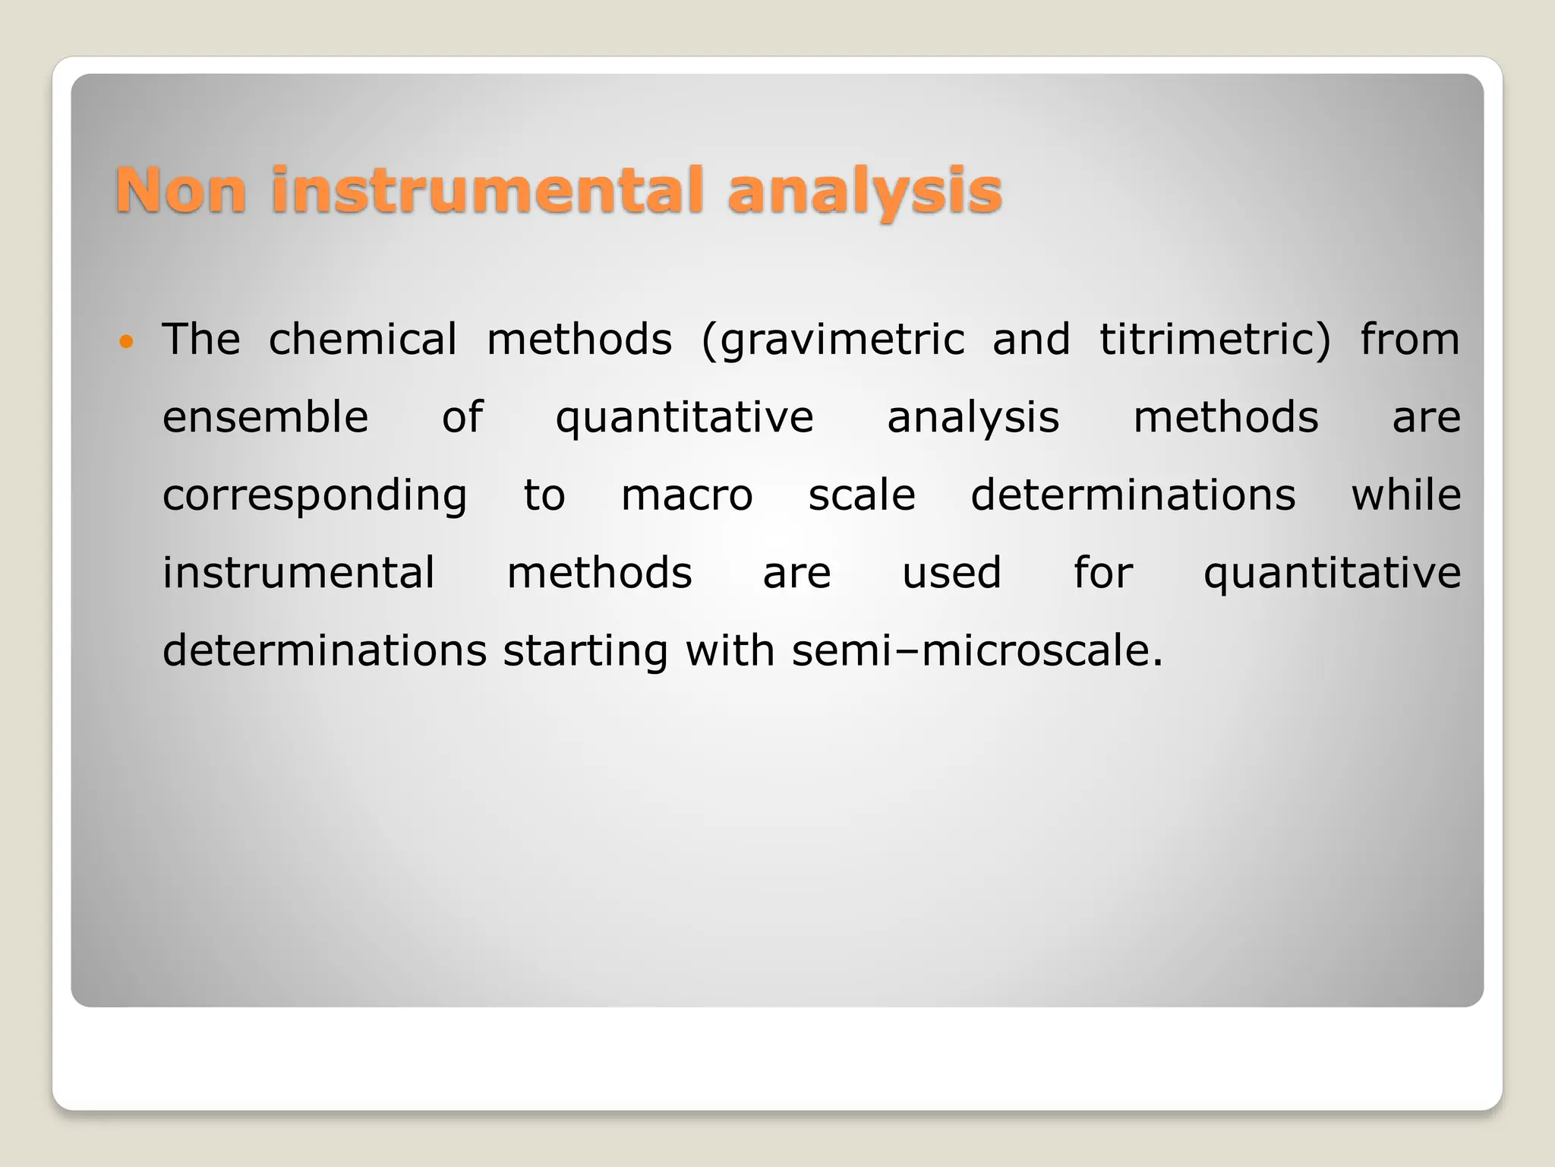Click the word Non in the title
pyautogui.click(x=181, y=190)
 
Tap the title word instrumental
pyautogui.click(x=486, y=190)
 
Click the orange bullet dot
pyautogui.click(x=126, y=341)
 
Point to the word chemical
pyautogui.click(x=363, y=339)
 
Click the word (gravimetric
pyautogui.click(x=832, y=340)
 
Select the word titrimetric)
pyautogui.click(x=1215, y=339)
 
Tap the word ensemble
pyautogui.click(x=265, y=417)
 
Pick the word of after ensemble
pyautogui.click(x=462, y=417)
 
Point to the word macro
pyautogui.click(x=686, y=495)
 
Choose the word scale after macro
pyautogui.click(x=861, y=495)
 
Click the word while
pyautogui.click(x=1405, y=495)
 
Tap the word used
pyautogui.click(x=951, y=573)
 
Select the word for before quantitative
pyautogui.click(x=1102, y=573)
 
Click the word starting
pyautogui.click(x=585, y=652)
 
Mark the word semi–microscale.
pyautogui.click(x=976, y=651)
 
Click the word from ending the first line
pyautogui.click(x=1409, y=339)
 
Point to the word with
pyautogui.click(x=729, y=651)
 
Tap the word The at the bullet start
pyautogui.click(x=201, y=339)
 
